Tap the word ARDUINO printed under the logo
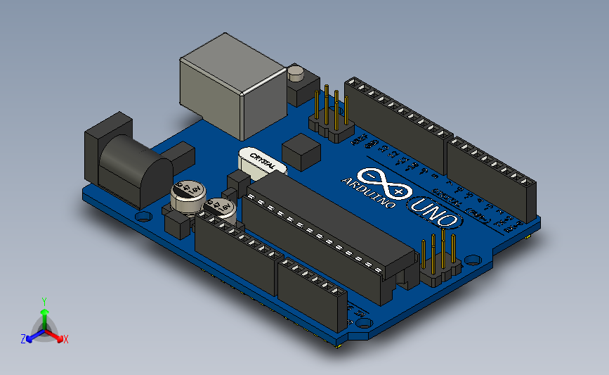(369, 193)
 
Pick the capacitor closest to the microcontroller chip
(220, 208)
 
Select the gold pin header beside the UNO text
(440, 257)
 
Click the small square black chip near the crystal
(301, 151)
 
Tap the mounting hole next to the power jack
(143, 217)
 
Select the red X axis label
(66, 339)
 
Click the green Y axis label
(44, 301)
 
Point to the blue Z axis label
(23, 339)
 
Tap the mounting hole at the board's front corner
(363, 323)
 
